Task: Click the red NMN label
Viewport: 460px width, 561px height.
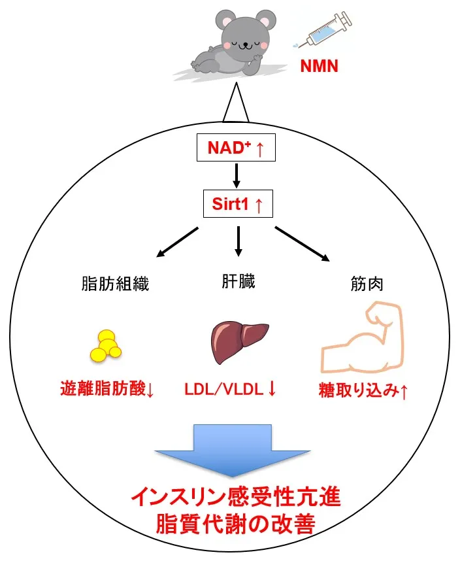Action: pos(319,65)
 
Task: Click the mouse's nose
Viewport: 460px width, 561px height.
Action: pos(246,44)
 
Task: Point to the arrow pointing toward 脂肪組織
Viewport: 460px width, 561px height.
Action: pos(176,241)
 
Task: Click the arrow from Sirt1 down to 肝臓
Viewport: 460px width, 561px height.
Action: pos(238,240)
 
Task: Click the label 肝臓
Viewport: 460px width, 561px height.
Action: pos(238,282)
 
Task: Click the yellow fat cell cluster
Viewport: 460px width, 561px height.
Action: pos(106,345)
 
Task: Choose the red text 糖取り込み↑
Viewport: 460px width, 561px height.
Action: pos(363,391)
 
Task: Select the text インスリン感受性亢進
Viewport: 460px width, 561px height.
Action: pos(235,500)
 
